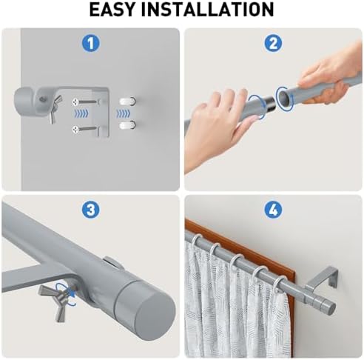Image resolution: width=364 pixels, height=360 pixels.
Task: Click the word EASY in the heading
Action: coord(112,10)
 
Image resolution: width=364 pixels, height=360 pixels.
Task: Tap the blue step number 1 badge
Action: coord(91,43)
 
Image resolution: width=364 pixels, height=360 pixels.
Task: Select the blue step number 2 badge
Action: coord(273,43)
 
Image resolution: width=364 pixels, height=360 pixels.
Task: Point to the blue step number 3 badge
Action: coord(91,210)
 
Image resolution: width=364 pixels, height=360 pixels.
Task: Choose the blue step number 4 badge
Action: coord(273,210)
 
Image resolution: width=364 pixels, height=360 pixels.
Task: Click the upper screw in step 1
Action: coord(85,101)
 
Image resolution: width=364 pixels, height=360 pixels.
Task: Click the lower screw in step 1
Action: coord(85,129)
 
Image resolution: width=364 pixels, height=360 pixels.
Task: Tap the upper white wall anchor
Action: coord(127,101)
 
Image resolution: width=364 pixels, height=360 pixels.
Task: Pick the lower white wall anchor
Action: coord(127,125)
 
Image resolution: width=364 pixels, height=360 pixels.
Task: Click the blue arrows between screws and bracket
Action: coord(81,113)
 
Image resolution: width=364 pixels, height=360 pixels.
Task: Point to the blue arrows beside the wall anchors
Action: coord(123,113)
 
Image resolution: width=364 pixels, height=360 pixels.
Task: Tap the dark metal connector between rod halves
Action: coord(269,104)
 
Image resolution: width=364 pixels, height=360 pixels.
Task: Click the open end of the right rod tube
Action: coord(285,99)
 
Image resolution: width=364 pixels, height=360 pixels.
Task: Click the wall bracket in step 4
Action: coord(322,279)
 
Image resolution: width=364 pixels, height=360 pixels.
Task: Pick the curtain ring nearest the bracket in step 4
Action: coord(280,284)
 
